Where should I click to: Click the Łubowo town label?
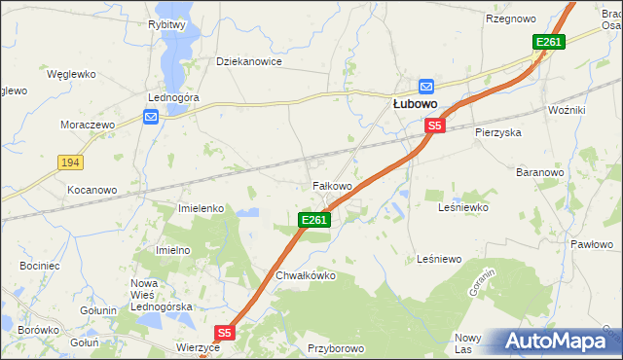click(414, 102)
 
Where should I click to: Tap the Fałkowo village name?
click(331, 185)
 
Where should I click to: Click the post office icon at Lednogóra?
click(151, 118)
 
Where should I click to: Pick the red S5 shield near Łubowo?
click(434, 126)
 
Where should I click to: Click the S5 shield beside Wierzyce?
click(224, 333)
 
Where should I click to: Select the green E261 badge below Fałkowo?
click(314, 221)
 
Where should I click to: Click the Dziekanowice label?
click(248, 61)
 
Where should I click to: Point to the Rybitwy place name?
click(167, 24)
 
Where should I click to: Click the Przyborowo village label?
click(335, 347)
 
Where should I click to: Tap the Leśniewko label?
click(462, 207)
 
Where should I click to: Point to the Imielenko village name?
click(202, 208)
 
